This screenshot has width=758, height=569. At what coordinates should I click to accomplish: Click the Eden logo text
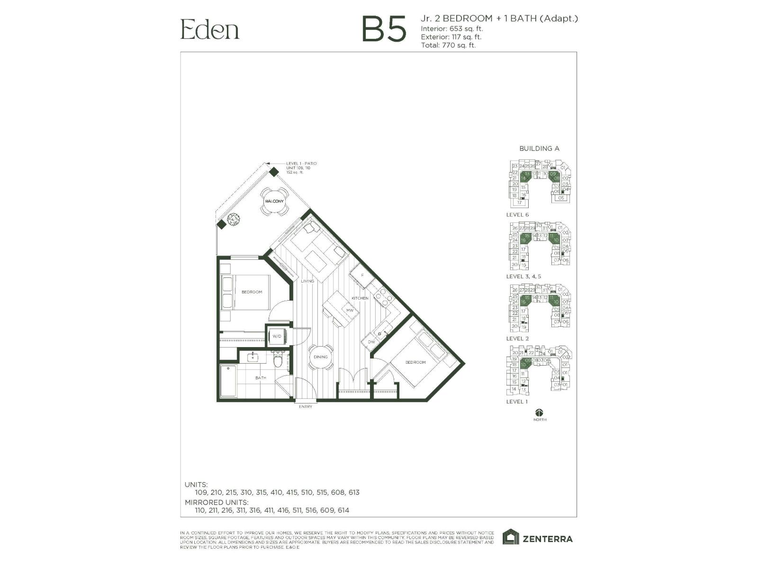coord(209,29)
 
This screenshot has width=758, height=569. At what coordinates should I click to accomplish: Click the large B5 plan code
coord(384,29)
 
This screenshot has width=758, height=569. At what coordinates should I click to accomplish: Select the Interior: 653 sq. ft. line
coord(452,28)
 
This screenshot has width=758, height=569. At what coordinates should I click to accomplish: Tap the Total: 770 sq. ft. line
coord(448,46)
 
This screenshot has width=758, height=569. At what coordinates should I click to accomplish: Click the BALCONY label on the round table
coord(274,202)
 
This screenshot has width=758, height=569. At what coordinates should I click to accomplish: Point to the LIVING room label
coord(307,281)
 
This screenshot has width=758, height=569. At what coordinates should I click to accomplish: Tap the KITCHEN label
coord(360,298)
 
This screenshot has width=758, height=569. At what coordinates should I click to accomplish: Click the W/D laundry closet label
coord(277,336)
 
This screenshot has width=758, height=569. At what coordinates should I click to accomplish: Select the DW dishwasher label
coord(371,341)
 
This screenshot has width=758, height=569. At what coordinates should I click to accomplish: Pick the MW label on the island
coord(350,311)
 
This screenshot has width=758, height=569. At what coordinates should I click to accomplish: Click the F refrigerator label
coord(362,275)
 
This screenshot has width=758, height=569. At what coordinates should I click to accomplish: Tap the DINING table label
coord(321,357)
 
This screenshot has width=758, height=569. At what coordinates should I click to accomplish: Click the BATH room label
coord(261,378)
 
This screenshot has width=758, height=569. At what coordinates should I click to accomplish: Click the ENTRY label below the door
coord(306,407)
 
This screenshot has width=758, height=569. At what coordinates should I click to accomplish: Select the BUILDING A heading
coord(539,148)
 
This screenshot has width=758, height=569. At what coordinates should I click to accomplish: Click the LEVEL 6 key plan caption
coord(517,215)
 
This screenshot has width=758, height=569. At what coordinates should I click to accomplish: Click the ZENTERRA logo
coord(538,538)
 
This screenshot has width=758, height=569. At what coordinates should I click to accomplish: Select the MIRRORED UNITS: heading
coord(217,502)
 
